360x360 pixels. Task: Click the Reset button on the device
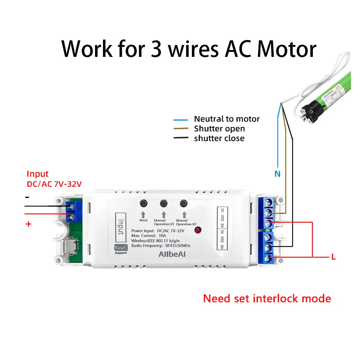click(143, 203)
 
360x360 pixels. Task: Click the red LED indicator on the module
click(197, 230)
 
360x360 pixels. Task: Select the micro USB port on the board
click(69, 247)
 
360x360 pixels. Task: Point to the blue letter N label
click(277, 174)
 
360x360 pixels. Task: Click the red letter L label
click(333, 257)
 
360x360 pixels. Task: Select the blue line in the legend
click(181, 120)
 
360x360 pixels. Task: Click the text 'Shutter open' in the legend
click(219, 129)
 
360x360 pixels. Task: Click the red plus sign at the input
click(28, 224)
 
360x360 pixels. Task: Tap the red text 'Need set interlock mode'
click(267, 298)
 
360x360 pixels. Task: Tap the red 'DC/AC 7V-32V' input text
click(54, 184)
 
